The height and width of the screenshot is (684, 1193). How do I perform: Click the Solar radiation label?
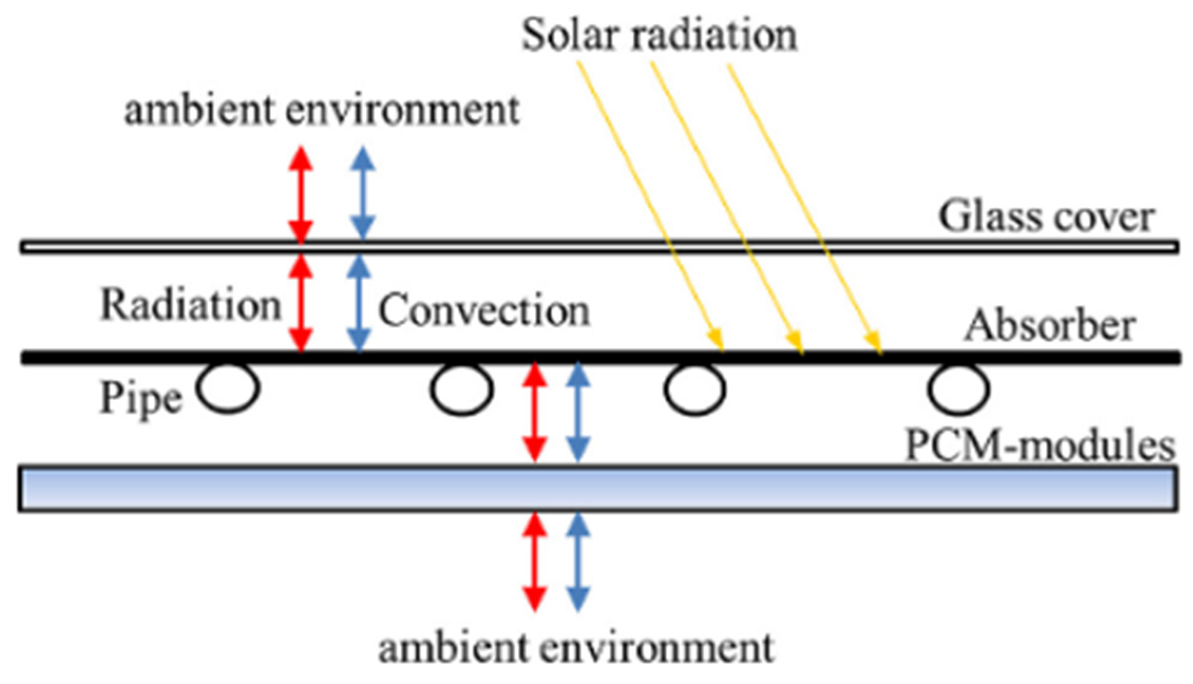[x=659, y=36]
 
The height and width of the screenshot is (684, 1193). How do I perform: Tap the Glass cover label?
[x=1046, y=217]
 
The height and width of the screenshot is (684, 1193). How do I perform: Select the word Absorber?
[x=1050, y=326]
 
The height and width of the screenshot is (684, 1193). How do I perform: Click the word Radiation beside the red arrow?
[x=190, y=305]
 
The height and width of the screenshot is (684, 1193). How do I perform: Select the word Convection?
[x=483, y=311]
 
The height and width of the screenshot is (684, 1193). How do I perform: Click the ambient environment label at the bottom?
[x=576, y=648]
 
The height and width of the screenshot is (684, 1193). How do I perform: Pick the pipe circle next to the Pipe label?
[x=228, y=388]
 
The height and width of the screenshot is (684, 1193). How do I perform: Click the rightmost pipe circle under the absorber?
[x=958, y=389]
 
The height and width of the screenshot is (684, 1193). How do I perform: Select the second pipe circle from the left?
[x=461, y=389]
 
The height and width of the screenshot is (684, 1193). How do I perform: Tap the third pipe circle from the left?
[x=694, y=389]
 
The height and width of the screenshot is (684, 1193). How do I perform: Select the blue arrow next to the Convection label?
[x=359, y=303]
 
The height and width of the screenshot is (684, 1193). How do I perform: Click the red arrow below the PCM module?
[x=535, y=562]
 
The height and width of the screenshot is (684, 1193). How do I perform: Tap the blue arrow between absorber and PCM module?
[x=578, y=412]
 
